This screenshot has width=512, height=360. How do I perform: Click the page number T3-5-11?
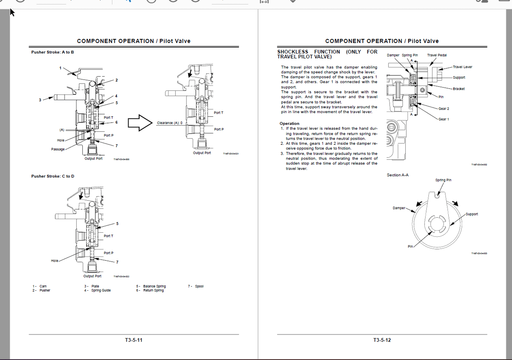click(133, 340)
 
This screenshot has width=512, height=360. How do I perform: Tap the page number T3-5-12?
click(382, 340)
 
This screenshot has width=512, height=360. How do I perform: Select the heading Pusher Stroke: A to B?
click(52, 52)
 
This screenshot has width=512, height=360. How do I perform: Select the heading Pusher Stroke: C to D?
click(52, 176)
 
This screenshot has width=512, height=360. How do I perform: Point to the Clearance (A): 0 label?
click(170, 123)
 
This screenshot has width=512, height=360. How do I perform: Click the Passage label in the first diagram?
click(58, 150)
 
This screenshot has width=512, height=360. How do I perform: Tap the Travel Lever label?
click(462, 67)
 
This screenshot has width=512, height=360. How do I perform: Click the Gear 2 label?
click(443, 109)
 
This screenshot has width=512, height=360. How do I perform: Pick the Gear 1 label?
click(443, 119)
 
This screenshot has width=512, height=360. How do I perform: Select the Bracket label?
click(459, 89)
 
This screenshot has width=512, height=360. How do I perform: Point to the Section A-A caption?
click(398, 175)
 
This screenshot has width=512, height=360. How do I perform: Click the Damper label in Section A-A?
click(399, 208)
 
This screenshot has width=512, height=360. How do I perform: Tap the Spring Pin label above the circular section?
click(443, 180)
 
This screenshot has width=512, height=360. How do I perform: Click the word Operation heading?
click(289, 124)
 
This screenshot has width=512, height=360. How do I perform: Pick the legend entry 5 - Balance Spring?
click(151, 286)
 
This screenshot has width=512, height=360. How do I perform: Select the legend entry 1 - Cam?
click(40, 286)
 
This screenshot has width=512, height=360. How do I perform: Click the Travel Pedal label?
click(437, 55)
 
